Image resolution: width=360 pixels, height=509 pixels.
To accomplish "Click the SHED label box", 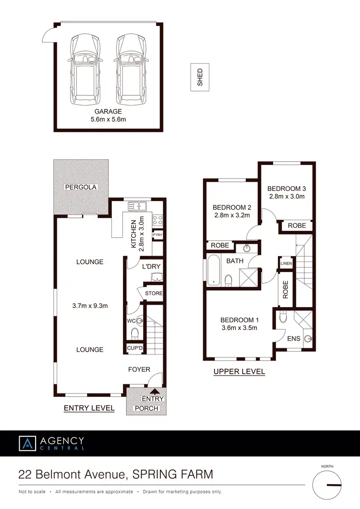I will (x=200, y=77).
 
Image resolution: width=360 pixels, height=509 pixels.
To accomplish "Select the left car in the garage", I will (x=86, y=70).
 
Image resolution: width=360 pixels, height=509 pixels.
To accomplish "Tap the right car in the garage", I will (x=131, y=70).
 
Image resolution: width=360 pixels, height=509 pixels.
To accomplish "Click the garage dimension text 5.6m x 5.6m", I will (x=108, y=119).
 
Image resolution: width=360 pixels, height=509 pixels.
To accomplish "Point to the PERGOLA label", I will (x=81, y=187).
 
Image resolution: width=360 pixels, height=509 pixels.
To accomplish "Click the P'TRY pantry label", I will (x=157, y=235).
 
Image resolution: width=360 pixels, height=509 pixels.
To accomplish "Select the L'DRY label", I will (x=147, y=265).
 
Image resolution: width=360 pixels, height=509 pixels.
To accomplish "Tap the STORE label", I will (x=154, y=294).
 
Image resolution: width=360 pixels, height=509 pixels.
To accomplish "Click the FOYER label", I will (x=139, y=369).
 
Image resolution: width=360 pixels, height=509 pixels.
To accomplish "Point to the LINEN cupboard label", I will (x=286, y=263).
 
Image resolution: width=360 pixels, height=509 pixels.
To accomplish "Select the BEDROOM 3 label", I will (x=287, y=189).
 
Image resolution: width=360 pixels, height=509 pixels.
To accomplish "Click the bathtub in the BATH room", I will (x=212, y=271).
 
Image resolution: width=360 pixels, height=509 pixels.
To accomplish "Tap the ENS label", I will (x=293, y=339).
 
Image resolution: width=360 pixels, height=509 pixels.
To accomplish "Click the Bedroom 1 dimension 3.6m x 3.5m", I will (x=240, y=328).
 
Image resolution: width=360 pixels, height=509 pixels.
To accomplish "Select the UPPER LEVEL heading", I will (x=239, y=371).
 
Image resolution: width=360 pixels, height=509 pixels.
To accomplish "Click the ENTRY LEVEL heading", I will (x=89, y=408).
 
